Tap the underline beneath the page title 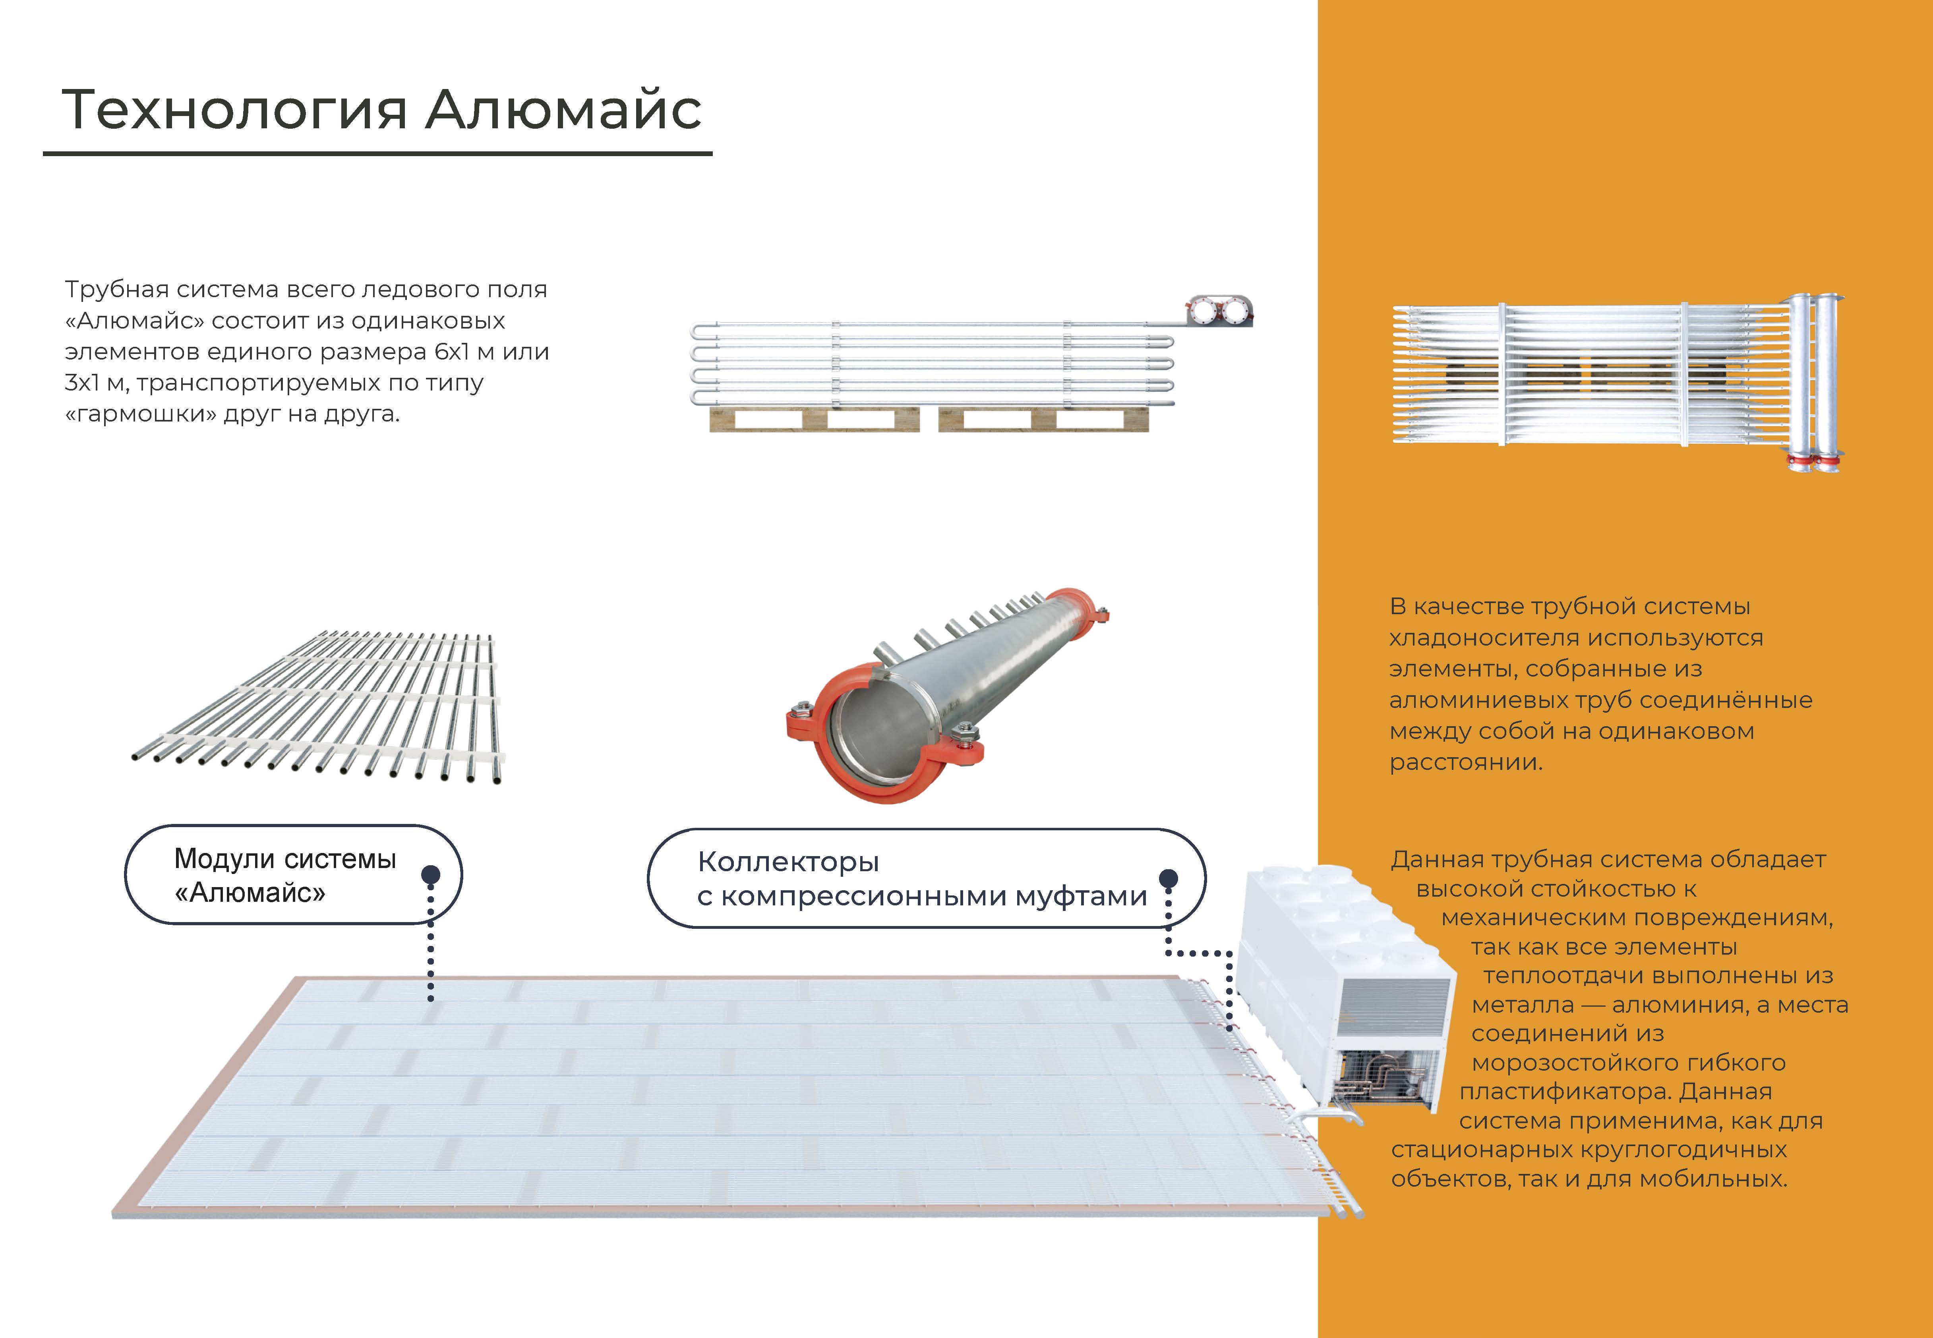click(377, 153)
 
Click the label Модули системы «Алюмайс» click(285, 875)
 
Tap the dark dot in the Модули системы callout click(431, 874)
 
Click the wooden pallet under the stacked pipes click(929, 419)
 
